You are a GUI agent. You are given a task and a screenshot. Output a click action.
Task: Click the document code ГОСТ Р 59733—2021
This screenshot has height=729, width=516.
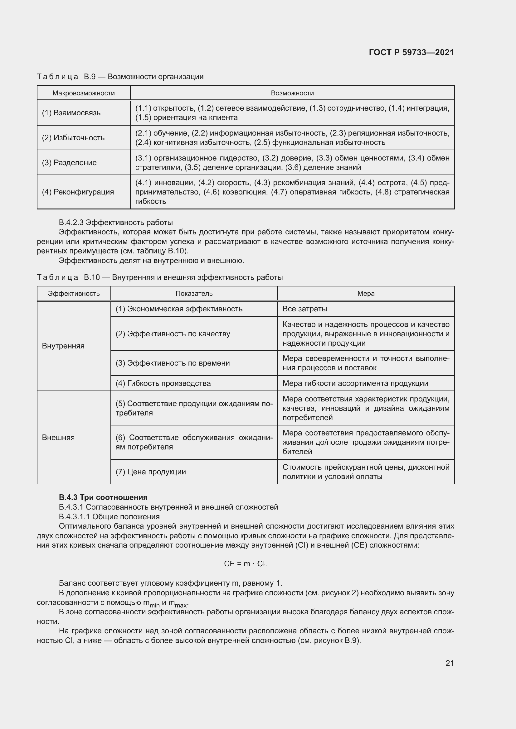click(x=411, y=52)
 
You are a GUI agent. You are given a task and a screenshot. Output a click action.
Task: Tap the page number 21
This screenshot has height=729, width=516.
click(x=450, y=663)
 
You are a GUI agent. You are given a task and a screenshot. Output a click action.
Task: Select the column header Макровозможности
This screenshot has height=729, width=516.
click(x=84, y=93)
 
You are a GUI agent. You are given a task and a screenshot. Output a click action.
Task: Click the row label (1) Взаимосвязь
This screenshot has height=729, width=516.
click(x=71, y=113)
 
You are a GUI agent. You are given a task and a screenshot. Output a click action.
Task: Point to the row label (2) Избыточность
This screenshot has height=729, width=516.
click(x=73, y=137)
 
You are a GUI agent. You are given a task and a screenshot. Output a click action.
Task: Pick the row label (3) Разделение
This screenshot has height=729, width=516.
click(x=69, y=163)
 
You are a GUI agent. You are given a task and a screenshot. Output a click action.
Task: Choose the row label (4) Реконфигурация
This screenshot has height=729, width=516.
click(x=78, y=192)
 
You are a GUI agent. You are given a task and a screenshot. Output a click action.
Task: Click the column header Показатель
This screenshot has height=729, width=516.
click(x=194, y=293)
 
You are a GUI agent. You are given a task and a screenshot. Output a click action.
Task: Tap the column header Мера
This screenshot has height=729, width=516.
click(x=366, y=293)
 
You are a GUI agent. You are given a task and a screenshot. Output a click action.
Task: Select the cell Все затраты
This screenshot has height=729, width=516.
click(x=305, y=309)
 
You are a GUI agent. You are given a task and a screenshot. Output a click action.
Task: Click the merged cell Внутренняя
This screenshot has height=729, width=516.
click(x=63, y=346)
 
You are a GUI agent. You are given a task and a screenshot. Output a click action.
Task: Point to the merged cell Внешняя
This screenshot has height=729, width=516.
click(x=58, y=437)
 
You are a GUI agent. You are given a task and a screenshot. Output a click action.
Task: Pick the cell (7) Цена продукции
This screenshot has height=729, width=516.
click(x=151, y=472)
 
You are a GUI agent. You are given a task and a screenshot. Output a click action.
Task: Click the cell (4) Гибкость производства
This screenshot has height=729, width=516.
click(x=163, y=383)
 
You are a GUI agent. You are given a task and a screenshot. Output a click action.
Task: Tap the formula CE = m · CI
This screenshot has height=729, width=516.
click(x=245, y=564)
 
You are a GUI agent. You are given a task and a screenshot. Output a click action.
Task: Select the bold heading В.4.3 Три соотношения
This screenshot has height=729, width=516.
click(x=103, y=497)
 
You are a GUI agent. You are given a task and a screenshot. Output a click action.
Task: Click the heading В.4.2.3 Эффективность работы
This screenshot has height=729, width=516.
click(x=116, y=222)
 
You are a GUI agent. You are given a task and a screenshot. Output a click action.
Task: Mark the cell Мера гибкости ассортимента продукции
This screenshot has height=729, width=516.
click(x=355, y=383)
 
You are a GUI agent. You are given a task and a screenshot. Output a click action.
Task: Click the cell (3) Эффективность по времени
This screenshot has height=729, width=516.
click(x=173, y=363)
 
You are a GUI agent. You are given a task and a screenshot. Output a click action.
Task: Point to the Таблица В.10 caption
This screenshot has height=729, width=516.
click(x=159, y=277)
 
